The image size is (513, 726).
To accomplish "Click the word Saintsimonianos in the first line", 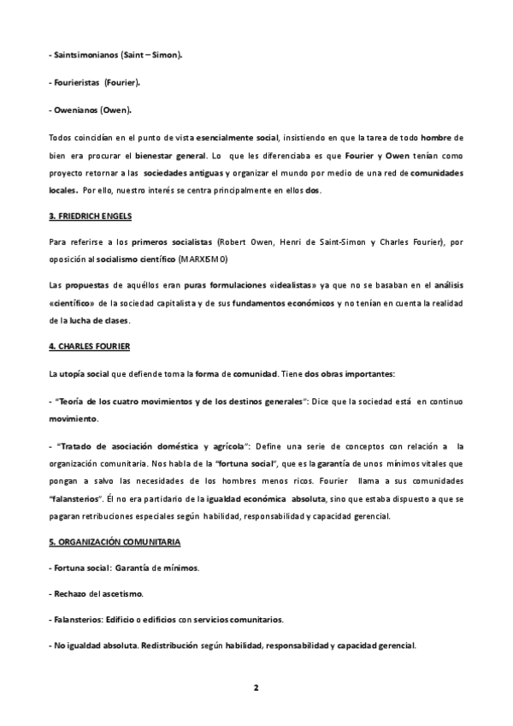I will click(x=85, y=54).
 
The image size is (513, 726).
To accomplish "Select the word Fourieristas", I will click(x=77, y=82).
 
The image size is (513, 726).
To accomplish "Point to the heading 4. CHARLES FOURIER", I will click(x=88, y=346).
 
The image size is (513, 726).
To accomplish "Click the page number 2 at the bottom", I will click(x=256, y=687).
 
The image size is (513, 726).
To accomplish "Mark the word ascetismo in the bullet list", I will click(x=122, y=593).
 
